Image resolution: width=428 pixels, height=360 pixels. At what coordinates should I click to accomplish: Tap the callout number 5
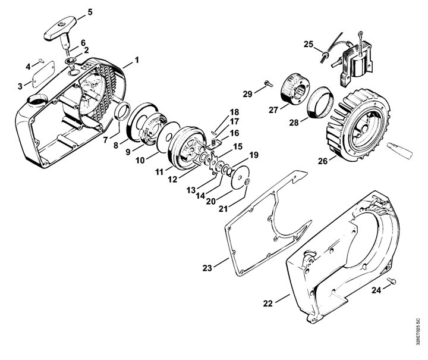click(x=90, y=12)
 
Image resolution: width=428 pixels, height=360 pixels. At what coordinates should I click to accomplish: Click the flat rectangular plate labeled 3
click(x=43, y=74)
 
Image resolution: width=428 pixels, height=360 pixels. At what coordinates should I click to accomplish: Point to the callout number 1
click(x=137, y=60)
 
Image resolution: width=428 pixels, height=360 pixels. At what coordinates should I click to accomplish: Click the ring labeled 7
click(x=122, y=110)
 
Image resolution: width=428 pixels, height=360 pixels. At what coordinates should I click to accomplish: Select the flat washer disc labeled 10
click(x=168, y=136)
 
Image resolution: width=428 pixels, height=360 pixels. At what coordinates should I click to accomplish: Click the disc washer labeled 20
click(x=240, y=177)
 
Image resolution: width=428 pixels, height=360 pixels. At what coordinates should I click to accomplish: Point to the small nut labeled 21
click(x=247, y=182)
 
